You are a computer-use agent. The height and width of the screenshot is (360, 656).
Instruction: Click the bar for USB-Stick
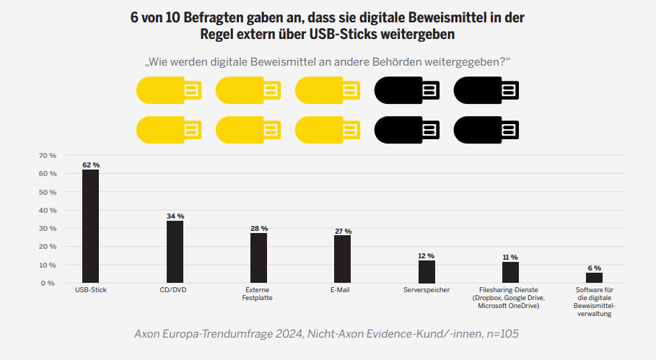[x=90, y=226]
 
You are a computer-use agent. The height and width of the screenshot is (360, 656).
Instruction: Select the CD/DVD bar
[x=175, y=251]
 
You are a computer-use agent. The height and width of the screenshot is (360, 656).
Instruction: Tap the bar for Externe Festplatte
[x=258, y=258]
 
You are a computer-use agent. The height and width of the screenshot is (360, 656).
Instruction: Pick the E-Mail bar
[x=342, y=258]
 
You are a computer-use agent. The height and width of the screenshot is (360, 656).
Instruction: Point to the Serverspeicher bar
[x=427, y=271]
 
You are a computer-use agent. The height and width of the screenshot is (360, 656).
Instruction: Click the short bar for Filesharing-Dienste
[x=510, y=272]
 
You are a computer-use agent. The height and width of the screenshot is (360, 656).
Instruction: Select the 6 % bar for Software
[x=594, y=277]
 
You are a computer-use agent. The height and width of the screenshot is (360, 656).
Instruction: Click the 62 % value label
[x=91, y=165]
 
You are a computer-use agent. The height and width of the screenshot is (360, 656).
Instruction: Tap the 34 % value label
[x=175, y=216]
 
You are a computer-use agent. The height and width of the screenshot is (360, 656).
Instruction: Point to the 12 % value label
[x=427, y=256]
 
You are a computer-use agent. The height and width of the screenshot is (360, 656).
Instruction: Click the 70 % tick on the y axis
[x=47, y=156]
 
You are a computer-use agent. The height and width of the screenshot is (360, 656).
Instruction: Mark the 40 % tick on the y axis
[x=47, y=210]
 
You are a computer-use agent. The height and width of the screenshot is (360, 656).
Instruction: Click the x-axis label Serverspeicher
[x=427, y=290]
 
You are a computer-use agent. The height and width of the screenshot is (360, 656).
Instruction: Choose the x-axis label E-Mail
[x=342, y=290]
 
